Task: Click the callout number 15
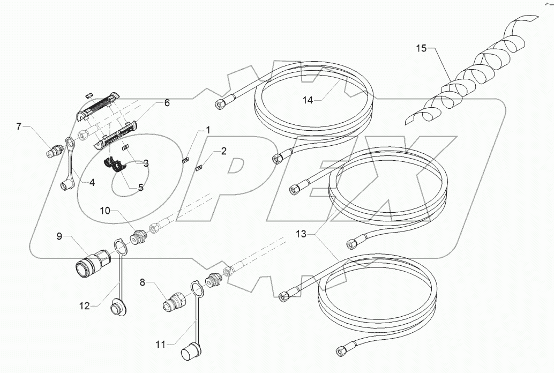(422, 49)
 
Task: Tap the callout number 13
(302, 234)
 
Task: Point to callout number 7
(19, 126)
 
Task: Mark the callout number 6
(167, 102)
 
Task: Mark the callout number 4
(92, 182)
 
